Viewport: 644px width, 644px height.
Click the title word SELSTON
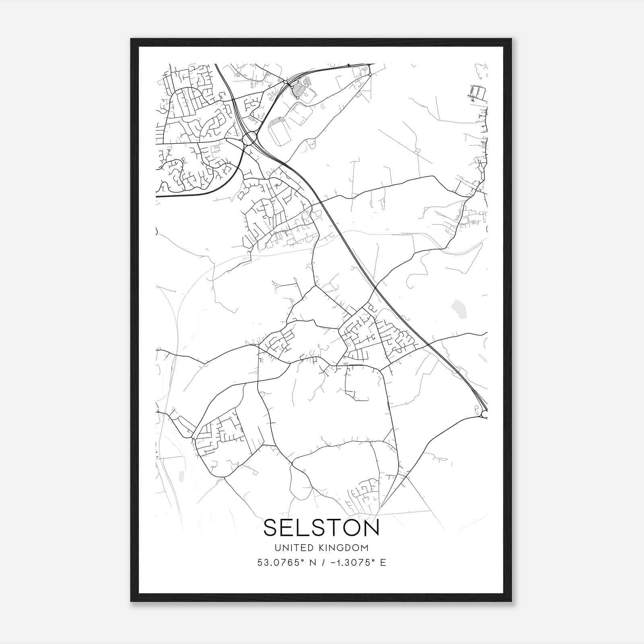click(321, 528)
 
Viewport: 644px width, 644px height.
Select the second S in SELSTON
click(310, 528)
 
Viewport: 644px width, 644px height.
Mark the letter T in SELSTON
click(327, 528)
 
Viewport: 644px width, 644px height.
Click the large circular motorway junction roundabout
click(250, 138)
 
